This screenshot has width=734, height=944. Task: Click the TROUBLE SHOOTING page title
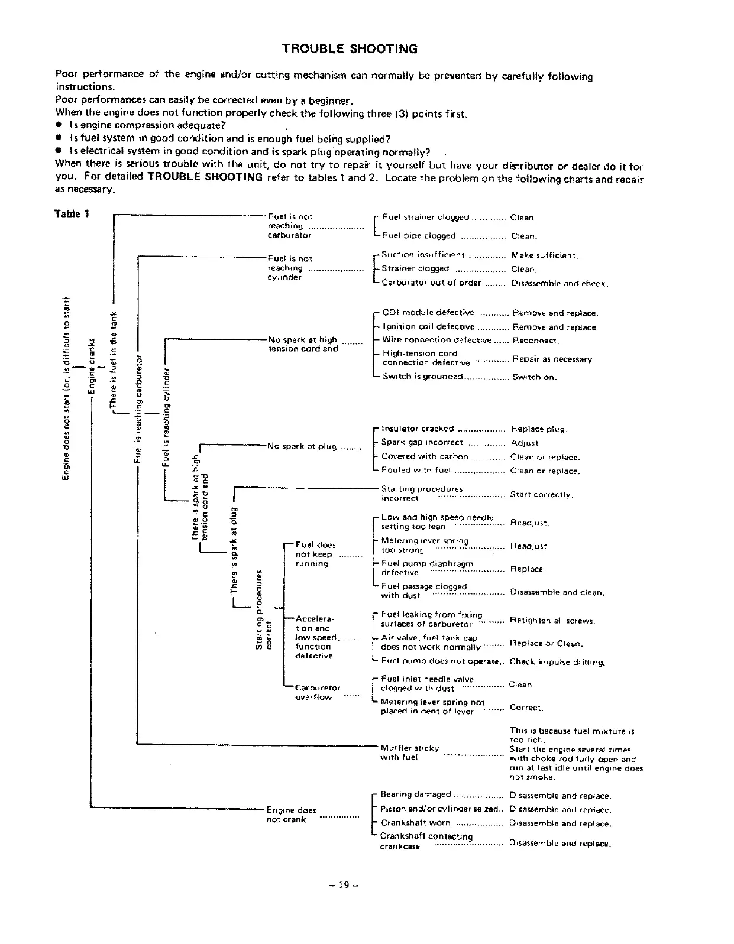pyautogui.click(x=350, y=49)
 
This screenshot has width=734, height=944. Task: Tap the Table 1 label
pyautogui.click(x=72, y=214)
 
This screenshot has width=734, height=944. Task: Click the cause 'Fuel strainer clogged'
pyautogui.click(x=426, y=218)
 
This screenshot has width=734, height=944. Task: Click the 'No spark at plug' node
pyautogui.click(x=302, y=446)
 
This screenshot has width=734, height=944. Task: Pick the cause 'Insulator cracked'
pyautogui.click(x=418, y=429)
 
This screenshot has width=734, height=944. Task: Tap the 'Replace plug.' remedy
pyautogui.click(x=539, y=429)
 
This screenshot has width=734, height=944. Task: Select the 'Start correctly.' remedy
pyautogui.click(x=542, y=495)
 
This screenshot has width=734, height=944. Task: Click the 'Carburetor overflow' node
pyautogui.click(x=318, y=692)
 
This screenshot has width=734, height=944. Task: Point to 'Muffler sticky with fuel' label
pyautogui.click(x=409, y=752)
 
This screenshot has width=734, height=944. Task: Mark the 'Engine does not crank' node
pyautogui.click(x=291, y=815)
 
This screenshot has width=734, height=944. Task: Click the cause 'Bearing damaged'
pyautogui.click(x=416, y=794)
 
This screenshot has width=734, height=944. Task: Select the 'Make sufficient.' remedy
pyautogui.click(x=544, y=256)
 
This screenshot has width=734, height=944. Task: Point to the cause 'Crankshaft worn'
pyautogui.click(x=416, y=823)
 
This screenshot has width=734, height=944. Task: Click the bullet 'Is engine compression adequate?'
pyautogui.click(x=147, y=125)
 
